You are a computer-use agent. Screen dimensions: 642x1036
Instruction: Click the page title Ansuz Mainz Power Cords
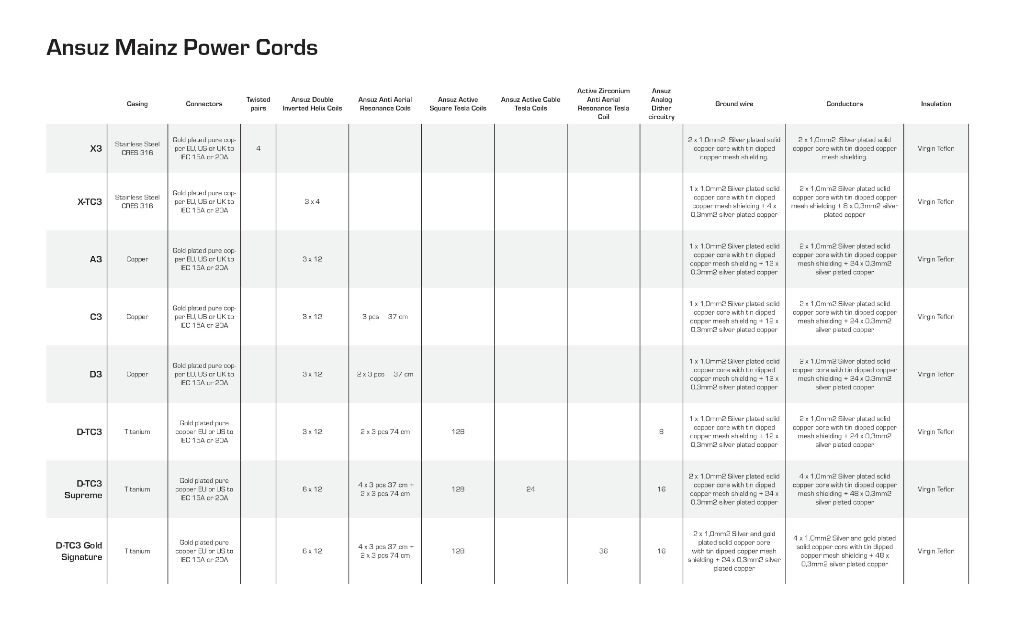[182, 47]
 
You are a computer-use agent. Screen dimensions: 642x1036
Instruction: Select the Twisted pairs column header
[258, 104]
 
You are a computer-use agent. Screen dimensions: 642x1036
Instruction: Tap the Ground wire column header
[734, 104]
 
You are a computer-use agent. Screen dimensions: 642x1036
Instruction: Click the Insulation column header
[935, 104]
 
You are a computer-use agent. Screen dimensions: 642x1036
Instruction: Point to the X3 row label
[96, 148]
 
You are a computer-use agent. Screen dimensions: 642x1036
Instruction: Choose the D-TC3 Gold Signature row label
[79, 551]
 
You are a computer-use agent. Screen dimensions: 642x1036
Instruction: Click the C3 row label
[96, 317]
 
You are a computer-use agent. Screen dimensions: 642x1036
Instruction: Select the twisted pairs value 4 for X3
[258, 148]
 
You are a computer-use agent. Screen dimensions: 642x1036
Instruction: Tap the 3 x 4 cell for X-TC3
[312, 202]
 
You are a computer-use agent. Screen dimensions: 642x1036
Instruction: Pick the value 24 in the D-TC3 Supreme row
[530, 489]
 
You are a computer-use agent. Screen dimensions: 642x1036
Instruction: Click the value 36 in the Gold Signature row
[603, 551]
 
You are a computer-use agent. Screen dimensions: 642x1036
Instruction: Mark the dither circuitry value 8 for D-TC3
[661, 432]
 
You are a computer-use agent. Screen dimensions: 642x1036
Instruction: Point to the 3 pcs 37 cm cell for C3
[385, 317]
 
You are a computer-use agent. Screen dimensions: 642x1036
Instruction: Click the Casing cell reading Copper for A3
[137, 259]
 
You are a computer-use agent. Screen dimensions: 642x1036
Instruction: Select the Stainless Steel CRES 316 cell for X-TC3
[137, 202]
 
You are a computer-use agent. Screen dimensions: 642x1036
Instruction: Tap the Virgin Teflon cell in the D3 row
[935, 375]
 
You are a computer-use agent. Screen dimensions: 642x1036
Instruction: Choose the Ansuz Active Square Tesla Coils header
[458, 104]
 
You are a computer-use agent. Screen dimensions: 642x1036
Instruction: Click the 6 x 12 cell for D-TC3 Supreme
[312, 489]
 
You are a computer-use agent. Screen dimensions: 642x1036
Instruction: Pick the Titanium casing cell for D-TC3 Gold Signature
[137, 551]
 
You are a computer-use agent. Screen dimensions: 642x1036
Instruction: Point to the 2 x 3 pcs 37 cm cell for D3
[385, 375]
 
